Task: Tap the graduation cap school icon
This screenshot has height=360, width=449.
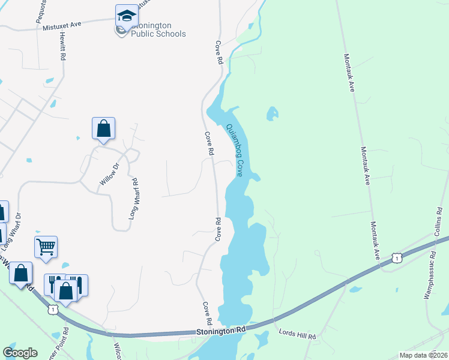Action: tap(127, 16)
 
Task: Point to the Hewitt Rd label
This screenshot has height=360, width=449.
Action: tap(62, 46)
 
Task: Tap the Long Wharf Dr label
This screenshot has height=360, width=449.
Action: tap(13, 231)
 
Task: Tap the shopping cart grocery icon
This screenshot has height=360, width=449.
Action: tap(46, 246)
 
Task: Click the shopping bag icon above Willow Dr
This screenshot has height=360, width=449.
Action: tap(103, 128)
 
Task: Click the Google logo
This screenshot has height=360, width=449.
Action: tap(20, 353)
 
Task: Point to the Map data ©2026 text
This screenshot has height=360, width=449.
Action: tap(423, 355)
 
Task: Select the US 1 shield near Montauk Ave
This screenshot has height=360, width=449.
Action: tap(396, 257)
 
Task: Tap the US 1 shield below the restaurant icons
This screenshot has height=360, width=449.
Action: tap(53, 309)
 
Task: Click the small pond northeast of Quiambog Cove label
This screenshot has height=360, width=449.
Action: tap(273, 112)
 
